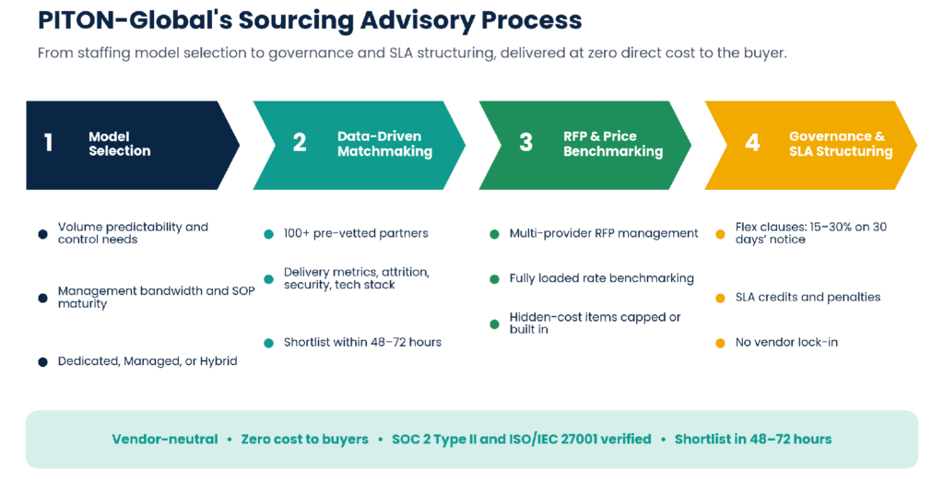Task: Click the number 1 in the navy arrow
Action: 48,143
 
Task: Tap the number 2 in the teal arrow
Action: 300,143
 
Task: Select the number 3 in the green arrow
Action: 525,143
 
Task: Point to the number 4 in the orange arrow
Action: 752,143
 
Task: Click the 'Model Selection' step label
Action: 119,144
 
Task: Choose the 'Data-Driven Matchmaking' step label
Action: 384,144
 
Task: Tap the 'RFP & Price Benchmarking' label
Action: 613,144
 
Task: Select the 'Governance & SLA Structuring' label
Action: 841,144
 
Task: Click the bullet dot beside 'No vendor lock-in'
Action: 720,343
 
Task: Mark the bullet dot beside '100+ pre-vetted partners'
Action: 268,234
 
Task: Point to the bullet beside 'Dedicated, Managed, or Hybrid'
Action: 42,361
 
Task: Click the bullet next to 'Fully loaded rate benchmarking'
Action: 494,279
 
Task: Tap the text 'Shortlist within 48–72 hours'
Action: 362,342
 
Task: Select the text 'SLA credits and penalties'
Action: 808,298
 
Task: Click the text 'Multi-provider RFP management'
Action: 603,233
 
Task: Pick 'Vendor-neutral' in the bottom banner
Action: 164,440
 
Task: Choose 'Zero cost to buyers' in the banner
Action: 304,440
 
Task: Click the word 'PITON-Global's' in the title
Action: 135,20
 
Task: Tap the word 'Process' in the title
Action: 531,20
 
